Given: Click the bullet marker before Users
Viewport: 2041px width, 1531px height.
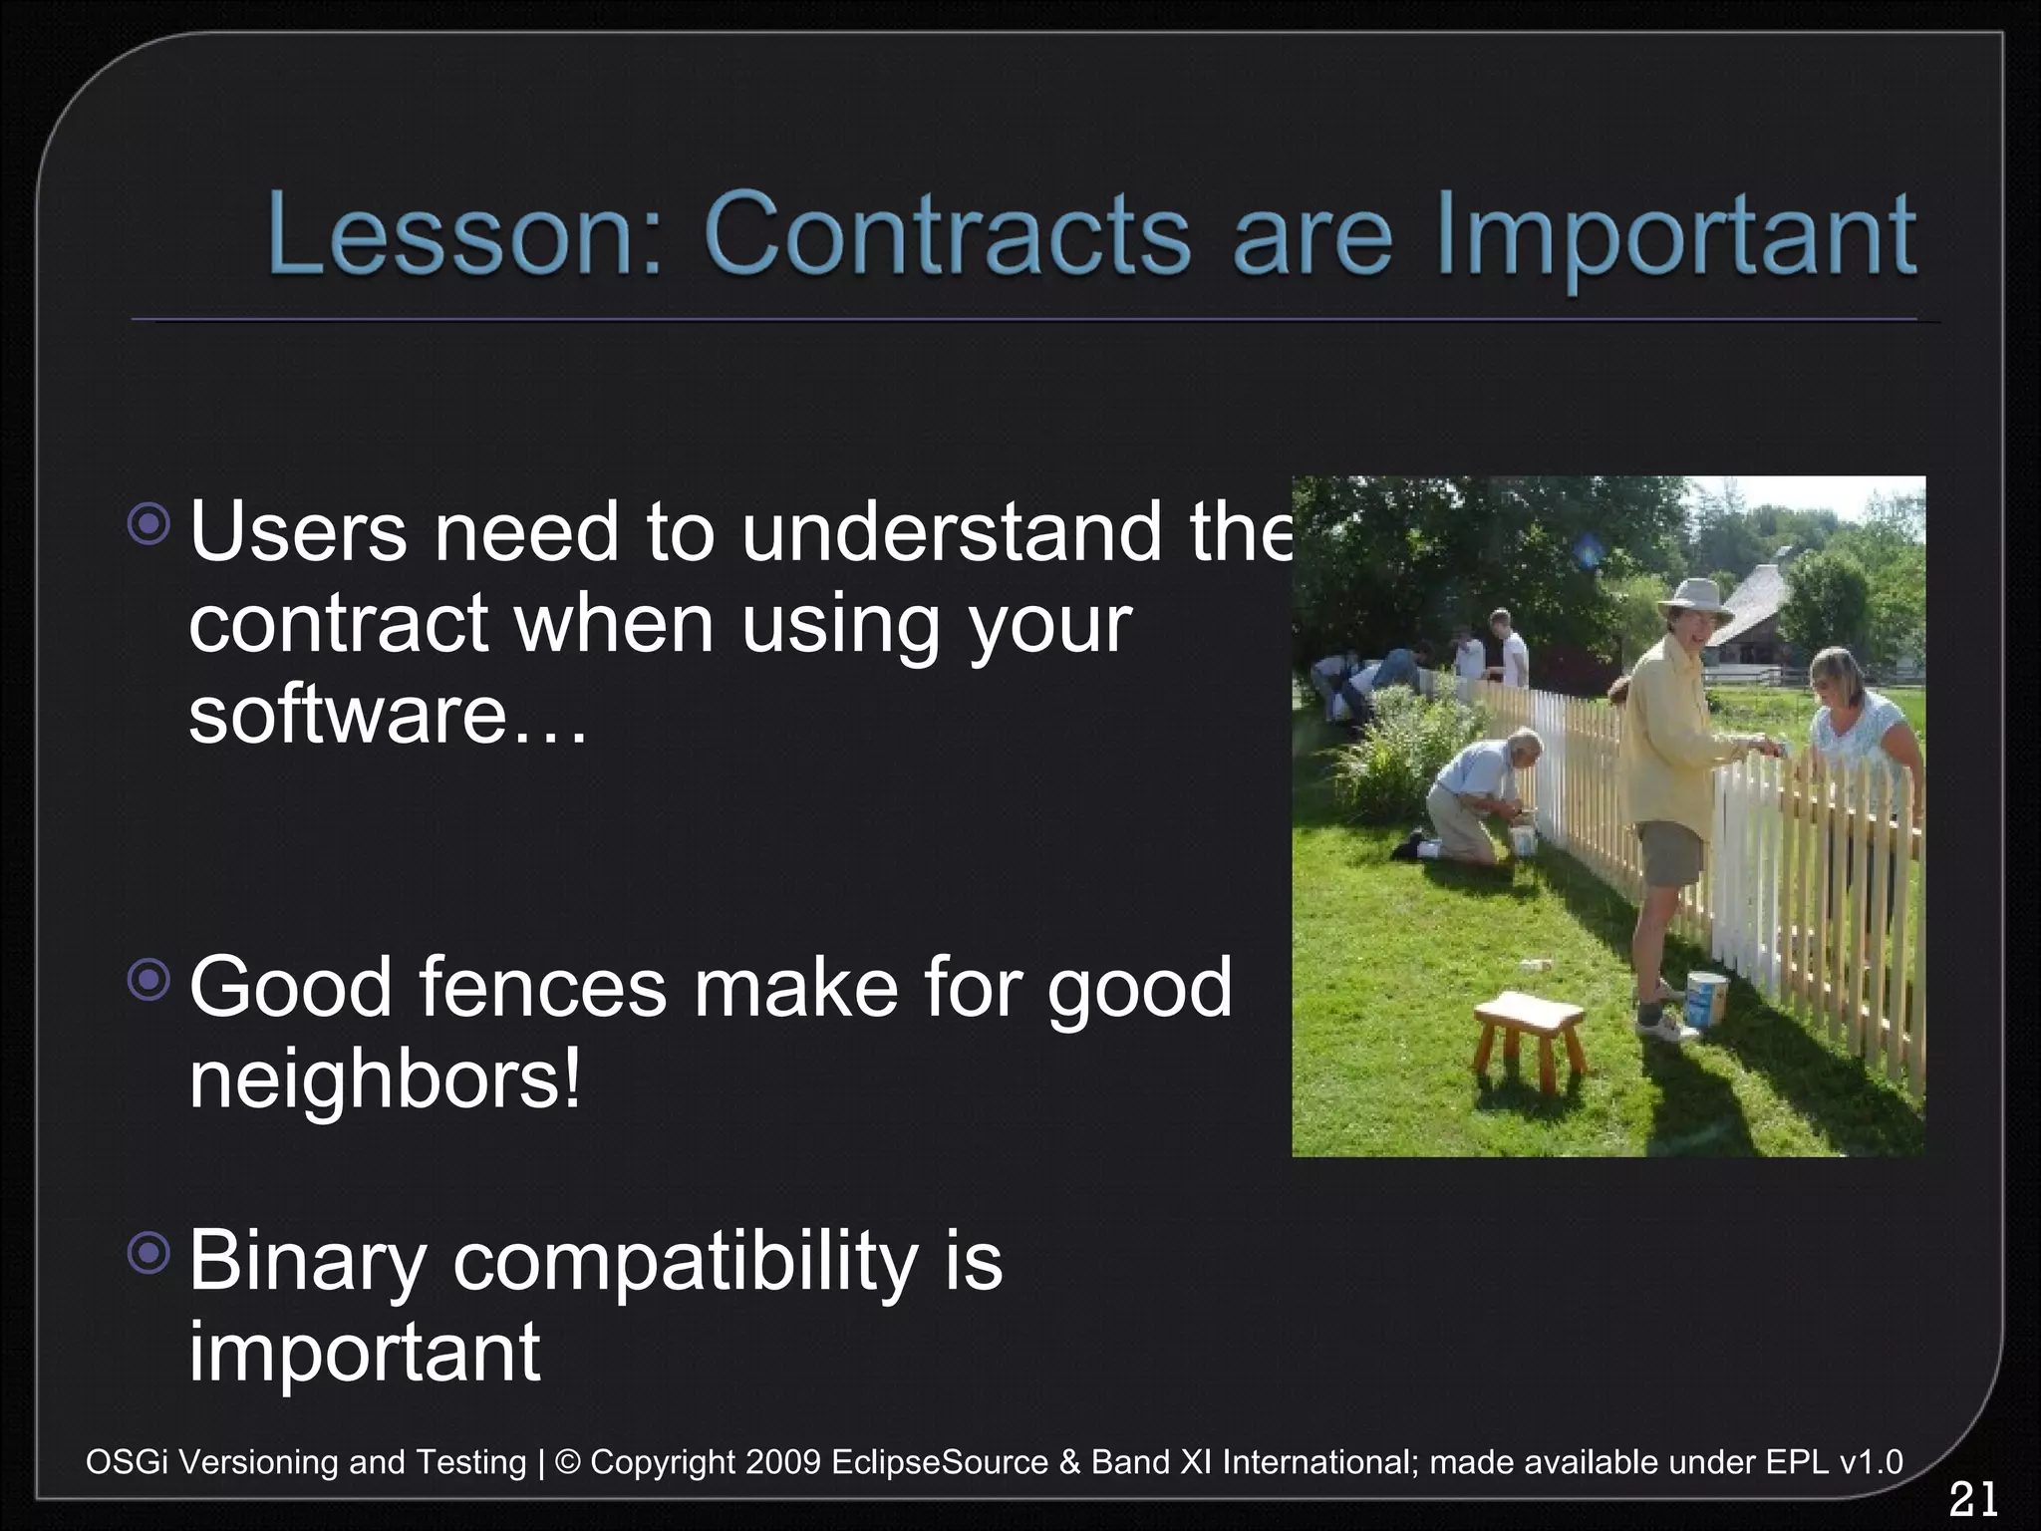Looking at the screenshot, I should (150, 525).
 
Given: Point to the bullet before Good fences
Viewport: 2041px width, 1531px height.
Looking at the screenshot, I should (150, 981).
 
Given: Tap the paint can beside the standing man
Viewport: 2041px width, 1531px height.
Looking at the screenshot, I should (1706, 1000).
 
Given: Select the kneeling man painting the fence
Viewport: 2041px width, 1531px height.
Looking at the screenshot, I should (1471, 797).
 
